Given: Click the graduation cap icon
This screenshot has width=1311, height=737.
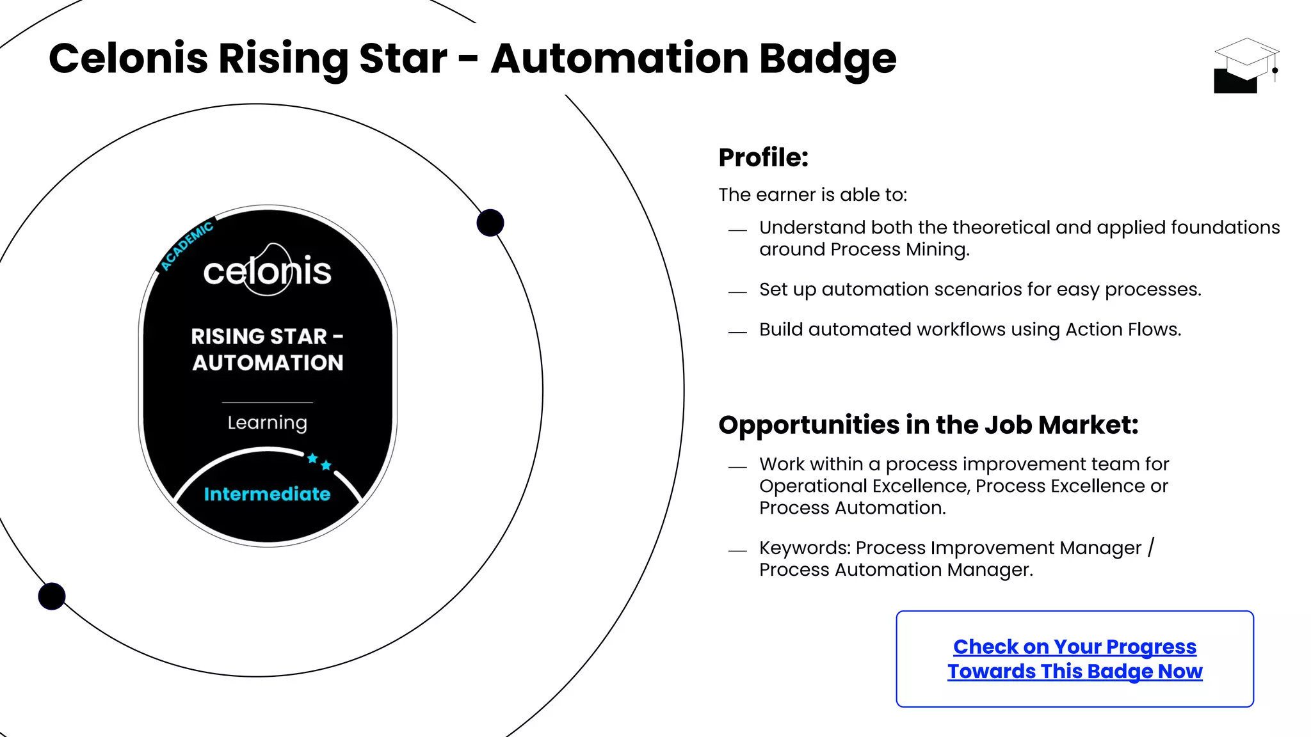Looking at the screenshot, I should click(x=1245, y=65).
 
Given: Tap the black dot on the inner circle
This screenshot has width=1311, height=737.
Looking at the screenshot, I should click(x=490, y=223).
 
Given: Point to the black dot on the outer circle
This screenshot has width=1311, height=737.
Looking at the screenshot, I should click(x=52, y=596).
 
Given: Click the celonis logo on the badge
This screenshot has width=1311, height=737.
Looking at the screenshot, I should click(x=268, y=271).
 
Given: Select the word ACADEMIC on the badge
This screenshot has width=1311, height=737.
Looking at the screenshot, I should click(x=186, y=246).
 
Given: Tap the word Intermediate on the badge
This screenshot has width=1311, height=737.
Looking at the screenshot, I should click(x=267, y=494).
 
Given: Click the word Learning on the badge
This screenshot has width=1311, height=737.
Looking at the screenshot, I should click(x=267, y=423).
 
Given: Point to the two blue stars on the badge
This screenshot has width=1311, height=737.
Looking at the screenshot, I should click(x=319, y=461).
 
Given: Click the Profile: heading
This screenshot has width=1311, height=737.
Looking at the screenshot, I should click(x=763, y=157).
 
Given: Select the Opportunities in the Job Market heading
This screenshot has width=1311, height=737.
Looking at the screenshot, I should click(x=928, y=425).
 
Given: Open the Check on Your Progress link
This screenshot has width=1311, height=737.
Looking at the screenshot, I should click(x=1075, y=659).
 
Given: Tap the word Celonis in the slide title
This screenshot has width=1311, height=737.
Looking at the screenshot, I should click(x=128, y=59).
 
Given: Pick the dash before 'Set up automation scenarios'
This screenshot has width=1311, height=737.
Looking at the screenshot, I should click(x=737, y=292).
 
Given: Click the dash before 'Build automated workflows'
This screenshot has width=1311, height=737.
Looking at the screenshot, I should click(x=737, y=332).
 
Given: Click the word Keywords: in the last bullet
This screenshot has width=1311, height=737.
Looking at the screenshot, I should click(x=805, y=548).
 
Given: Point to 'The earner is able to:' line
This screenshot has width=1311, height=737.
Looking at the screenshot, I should click(x=812, y=194).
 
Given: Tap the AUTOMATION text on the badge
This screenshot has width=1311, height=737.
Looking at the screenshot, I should click(x=268, y=363).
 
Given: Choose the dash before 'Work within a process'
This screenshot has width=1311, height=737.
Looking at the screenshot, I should click(x=737, y=467).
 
